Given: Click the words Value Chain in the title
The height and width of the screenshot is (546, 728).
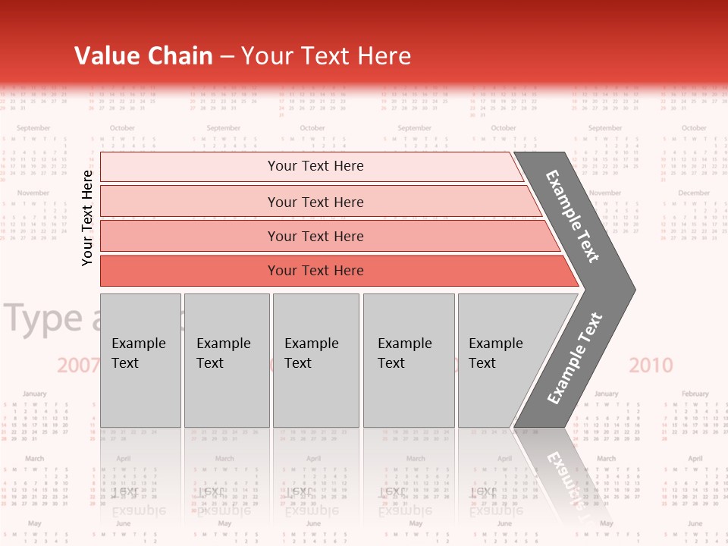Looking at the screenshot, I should pos(143,56).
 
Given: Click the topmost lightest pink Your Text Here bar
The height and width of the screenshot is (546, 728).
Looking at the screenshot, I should pos(315,166).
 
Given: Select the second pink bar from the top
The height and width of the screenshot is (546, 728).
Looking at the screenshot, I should pos(315,202).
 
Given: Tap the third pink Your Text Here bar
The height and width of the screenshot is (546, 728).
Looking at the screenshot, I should pos(315,236).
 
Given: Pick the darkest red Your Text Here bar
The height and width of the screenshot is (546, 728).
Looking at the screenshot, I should pos(315,271).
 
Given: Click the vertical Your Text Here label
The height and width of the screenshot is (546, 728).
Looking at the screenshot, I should pos(88,218).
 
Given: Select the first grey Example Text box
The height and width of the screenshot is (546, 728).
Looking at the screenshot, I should pos(140,360).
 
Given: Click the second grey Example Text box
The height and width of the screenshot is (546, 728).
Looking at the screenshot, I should pos(226,360).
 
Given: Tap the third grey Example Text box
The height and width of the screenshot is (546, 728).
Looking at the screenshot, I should pos(315,360).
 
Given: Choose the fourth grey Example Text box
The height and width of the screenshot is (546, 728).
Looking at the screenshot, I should pos(408,360).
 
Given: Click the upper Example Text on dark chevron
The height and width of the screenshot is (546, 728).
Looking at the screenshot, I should pos(573,216).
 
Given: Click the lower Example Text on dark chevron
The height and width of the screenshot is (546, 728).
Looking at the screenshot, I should pos(575,358).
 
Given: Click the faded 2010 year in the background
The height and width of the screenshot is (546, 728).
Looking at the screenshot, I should pos(651,366).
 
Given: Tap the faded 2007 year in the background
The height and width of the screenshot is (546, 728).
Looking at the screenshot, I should pos(78,366).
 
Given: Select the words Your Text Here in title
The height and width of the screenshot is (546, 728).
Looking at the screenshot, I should pos(326,56).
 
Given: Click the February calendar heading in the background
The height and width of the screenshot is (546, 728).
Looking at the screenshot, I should pos(695,394).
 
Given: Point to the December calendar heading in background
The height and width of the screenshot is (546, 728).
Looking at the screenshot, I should pos(694,193).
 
